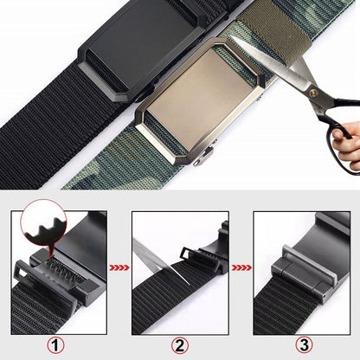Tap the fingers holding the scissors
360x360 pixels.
click(x=348, y=147)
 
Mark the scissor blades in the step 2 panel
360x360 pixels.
click(x=151, y=259)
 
